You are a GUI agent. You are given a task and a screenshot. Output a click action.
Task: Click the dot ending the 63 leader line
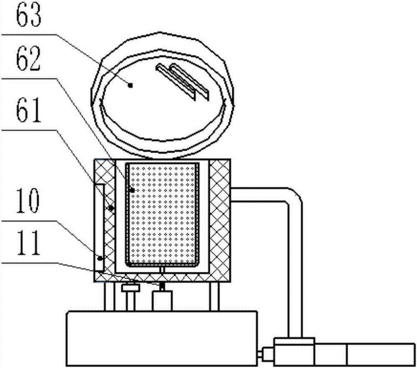(x=131, y=85)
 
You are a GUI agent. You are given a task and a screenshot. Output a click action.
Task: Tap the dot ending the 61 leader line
(x=111, y=207)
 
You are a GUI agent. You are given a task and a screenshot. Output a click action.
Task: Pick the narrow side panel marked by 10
(x=100, y=227)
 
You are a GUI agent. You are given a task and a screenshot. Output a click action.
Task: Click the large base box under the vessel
(x=161, y=338)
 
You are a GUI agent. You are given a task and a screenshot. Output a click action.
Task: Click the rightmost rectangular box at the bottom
(x=380, y=355)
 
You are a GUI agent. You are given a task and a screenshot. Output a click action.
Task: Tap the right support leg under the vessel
(x=214, y=296)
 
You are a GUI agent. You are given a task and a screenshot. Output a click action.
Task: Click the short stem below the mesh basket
(x=162, y=269)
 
